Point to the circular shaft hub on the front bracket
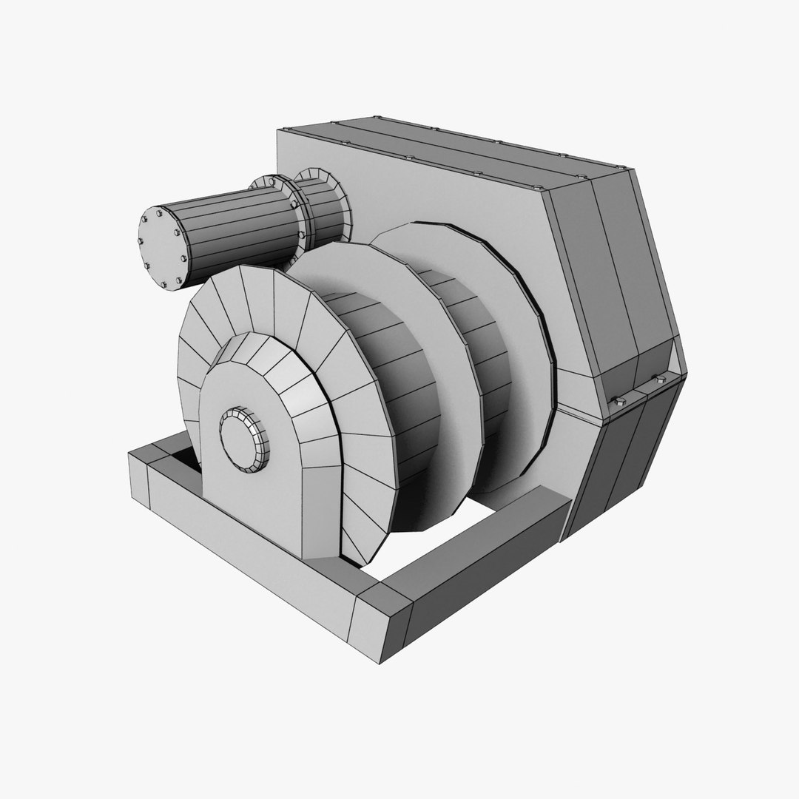point(245,437)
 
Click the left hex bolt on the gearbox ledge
point(618,400)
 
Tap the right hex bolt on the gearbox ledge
point(658,380)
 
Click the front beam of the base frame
point(244,555)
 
